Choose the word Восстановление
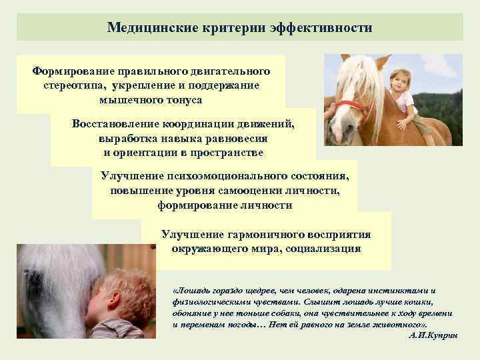[113, 123]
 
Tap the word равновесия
[235, 138]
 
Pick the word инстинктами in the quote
[407, 291]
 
